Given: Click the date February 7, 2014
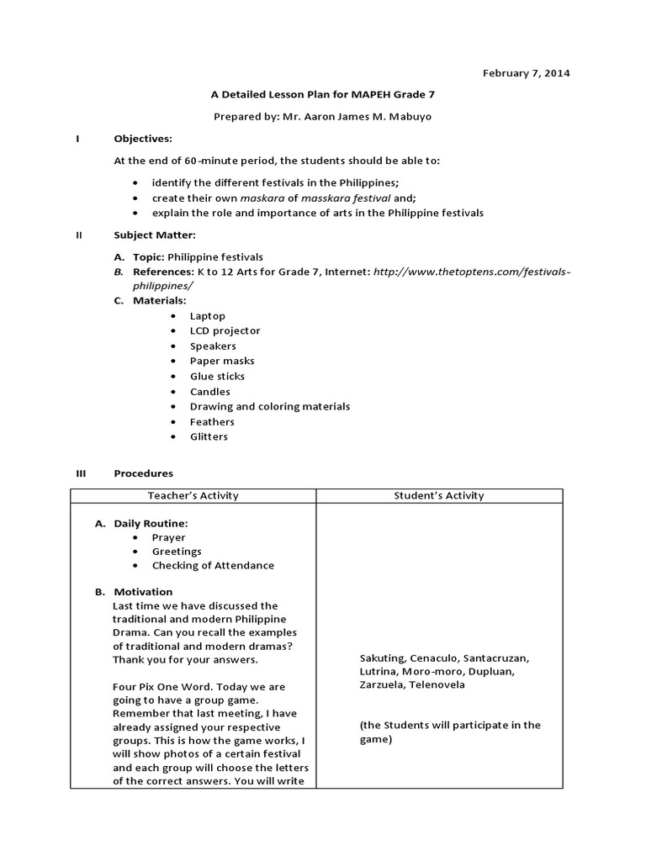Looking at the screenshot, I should [x=526, y=73].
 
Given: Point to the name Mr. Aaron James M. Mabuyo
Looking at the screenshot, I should [x=357, y=117].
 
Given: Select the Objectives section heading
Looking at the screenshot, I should [x=143, y=138].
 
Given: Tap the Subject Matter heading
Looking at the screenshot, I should [x=155, y=235].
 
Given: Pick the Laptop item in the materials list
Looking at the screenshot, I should [x=207, y=315].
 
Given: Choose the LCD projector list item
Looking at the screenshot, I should [x=225, y=330].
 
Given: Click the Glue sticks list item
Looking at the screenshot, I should [x=217, y=376].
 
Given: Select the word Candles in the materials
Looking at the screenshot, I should [x=209, y=391].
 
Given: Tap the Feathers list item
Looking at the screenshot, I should [x=212, y=421].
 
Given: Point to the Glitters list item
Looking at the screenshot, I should [x=209, y=436].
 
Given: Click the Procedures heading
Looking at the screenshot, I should [x=144, y=473].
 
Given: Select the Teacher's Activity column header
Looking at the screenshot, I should [x=193, y=495].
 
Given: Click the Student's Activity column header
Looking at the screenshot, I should [x=439, y=495].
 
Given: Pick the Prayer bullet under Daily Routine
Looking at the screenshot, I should [x=168, y=537].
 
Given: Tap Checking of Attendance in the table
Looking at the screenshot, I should [x=213, y=565].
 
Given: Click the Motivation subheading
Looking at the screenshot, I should [x=143, y=591].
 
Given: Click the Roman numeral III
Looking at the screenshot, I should [x=82, y=473].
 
